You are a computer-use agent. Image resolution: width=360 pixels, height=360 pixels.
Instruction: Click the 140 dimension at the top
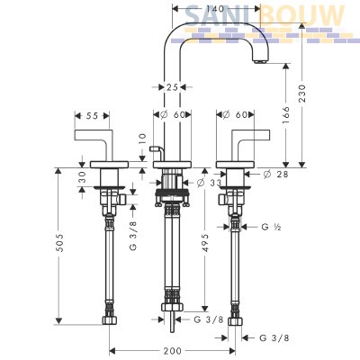coord(215,8)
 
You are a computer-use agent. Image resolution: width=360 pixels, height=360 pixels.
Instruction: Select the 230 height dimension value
coord(302,94)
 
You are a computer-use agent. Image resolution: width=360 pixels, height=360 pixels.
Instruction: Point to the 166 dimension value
coord(286,115)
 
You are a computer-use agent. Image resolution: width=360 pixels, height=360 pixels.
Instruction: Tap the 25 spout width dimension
coord(172,87)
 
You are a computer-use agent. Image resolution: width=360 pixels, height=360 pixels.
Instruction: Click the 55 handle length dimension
coord(92,115)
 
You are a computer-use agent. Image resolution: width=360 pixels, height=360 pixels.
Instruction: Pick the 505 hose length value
coord(60,242)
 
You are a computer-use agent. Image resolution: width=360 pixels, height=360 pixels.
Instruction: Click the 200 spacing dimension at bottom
coord(172,350)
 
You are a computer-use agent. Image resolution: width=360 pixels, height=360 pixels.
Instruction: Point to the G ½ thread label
coord(271,227)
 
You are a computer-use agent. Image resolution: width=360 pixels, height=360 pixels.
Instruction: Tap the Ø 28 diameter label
coord(275,174)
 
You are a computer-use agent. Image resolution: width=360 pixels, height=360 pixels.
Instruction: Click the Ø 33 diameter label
coord(209,183)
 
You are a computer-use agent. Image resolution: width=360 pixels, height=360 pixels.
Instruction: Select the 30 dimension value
coord(82,177)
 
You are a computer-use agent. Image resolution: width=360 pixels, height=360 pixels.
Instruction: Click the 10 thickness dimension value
coord(142,139)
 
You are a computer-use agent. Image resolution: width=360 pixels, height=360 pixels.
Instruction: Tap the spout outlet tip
coord(260,61)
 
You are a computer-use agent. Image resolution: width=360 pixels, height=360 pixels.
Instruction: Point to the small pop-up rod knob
coord(156,148)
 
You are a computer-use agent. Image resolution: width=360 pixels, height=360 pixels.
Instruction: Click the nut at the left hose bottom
coord(109,320)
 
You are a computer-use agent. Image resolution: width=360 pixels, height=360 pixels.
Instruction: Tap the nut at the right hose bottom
coord(235,321)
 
